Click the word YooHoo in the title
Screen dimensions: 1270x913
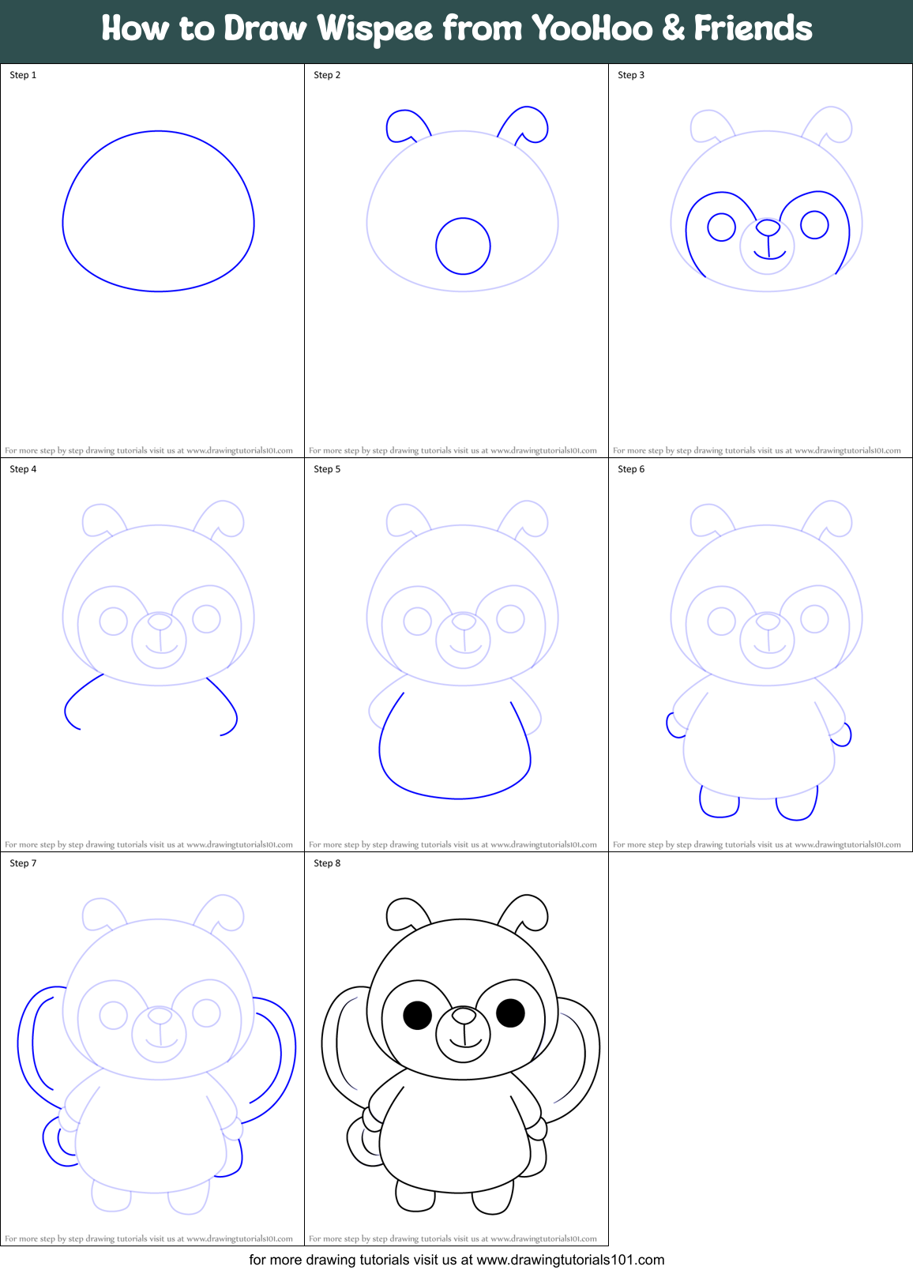[592, 29]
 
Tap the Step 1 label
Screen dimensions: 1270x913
[23, 75]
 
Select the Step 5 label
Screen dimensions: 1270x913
[327, 469]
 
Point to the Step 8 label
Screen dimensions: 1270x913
[327, 863]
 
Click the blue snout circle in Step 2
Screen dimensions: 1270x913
[463, 246]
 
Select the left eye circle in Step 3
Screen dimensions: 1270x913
[721, 227]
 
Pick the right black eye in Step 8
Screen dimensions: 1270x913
[510, 1012]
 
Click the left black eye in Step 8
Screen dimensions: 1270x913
[417, 1015]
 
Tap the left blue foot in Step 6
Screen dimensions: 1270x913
[719, 803]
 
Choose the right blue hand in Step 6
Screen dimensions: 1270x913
[842, 735]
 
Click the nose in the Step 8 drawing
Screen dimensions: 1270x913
[464, 1016]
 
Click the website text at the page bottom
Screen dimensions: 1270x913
[457, 1260]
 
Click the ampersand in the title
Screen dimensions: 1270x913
[673, 29]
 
